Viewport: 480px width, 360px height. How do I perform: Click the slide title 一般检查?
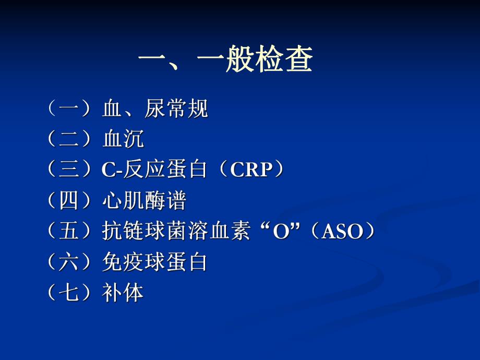[225, 61]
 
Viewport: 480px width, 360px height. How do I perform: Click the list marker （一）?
[68, 109]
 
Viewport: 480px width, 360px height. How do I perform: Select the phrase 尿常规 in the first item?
[176, 109]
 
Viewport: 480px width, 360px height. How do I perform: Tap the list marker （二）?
[68, 139]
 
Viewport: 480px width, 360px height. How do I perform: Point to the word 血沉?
[123, 139]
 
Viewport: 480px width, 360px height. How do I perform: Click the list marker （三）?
[68, 170]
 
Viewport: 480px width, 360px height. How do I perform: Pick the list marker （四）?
[68, 201]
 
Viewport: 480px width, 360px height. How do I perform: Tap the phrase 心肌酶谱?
[144, 201]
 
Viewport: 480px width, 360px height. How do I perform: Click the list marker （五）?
[68, 232]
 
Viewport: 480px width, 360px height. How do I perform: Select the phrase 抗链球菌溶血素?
[175, 232]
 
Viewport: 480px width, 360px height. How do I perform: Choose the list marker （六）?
[68, 262]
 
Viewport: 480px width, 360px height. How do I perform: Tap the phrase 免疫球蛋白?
[154, 262]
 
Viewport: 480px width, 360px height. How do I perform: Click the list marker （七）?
[68, 293]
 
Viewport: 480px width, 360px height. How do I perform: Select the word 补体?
[123, 293]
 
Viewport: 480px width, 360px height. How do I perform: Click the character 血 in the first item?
[112, 109]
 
